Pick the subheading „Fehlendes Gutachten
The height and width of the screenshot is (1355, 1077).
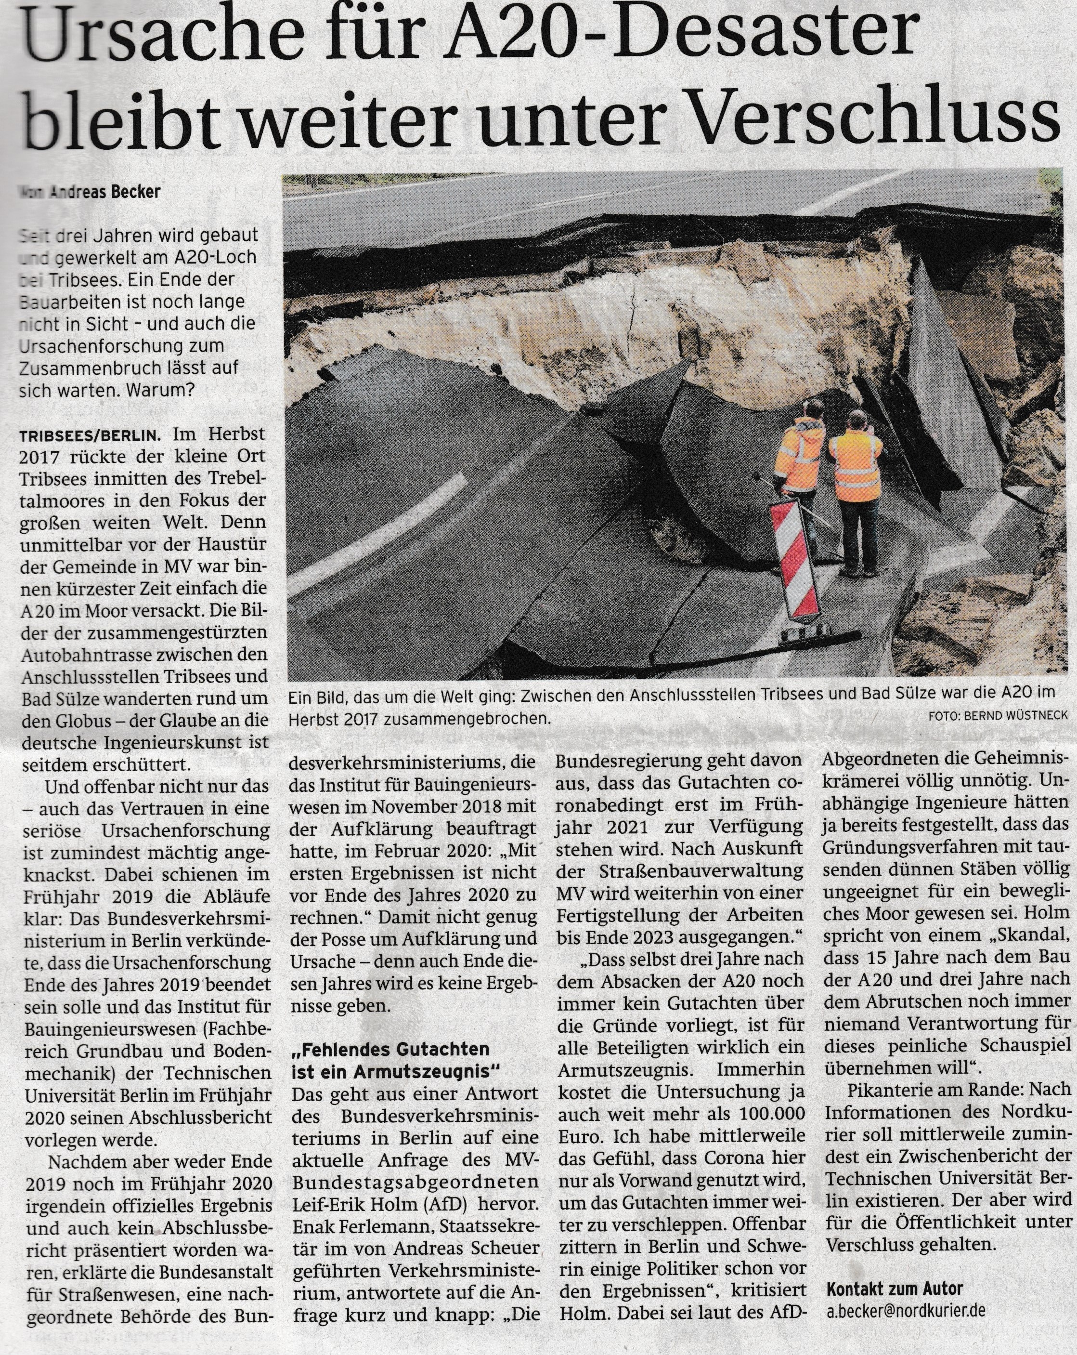coord(390,1049)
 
